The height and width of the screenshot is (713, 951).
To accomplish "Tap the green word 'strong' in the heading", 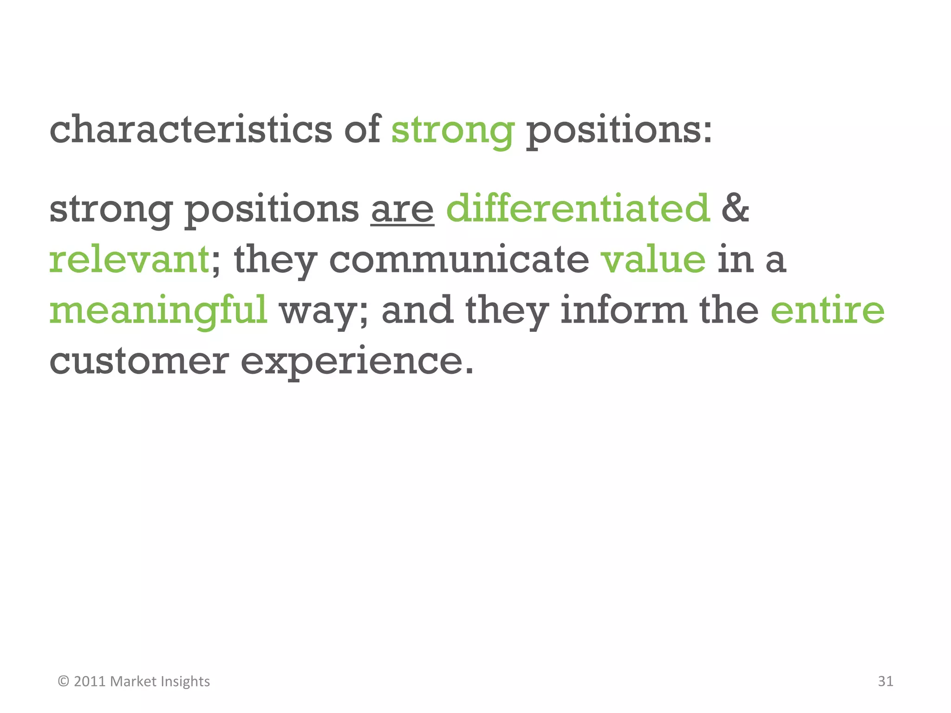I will coord(453,131).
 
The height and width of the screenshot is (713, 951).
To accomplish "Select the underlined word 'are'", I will coord(402,210).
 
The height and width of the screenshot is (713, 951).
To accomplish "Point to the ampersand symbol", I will coord(735,209).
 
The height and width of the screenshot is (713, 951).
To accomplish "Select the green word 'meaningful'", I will coord(158,311).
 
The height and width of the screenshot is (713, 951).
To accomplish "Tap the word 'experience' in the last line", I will coord(357,362).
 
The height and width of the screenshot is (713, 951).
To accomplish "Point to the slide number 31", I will coord(885,681).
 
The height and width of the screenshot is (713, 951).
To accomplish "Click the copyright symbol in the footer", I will coord(64,681).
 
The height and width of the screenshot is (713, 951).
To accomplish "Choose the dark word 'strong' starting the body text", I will coord(111,210).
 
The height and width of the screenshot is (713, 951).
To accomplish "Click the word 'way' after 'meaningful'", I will coord(323,311).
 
